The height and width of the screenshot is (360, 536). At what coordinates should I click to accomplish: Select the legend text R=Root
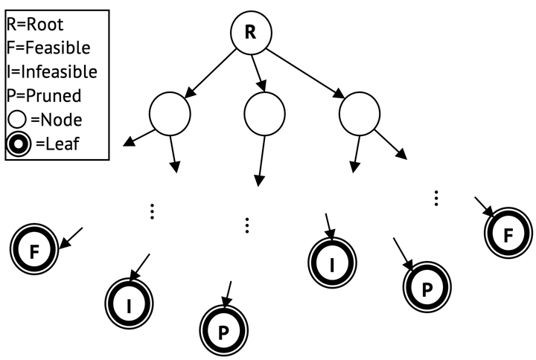36,24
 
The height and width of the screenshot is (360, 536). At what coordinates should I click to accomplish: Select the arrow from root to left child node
210,75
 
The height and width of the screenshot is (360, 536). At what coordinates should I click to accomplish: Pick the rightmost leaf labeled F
508,235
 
